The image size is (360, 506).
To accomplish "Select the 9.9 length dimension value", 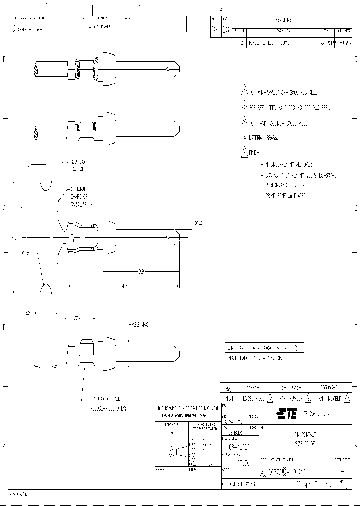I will pos(141,272).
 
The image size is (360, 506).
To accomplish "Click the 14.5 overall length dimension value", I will pos(124,286).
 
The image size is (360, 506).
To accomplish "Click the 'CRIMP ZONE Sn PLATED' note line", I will pos(285,196).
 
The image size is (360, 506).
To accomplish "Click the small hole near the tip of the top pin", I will pos(169,68).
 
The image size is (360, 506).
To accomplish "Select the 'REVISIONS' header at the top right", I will pos(283,20).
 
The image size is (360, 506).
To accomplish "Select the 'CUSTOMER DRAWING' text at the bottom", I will pos(239,484).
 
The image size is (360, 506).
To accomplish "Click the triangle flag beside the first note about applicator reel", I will pos(244,92).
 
